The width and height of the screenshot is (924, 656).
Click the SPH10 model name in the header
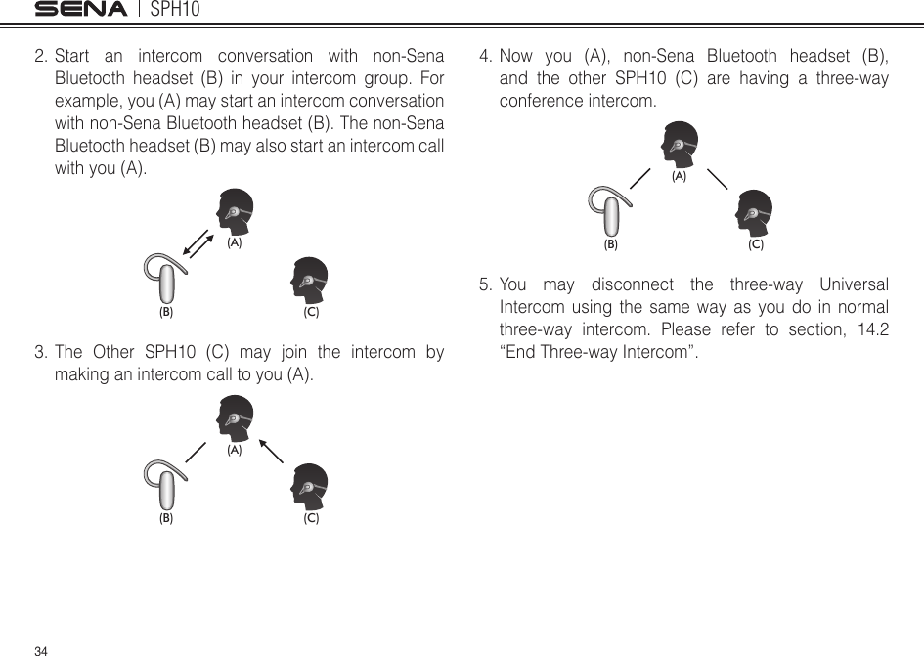(x=175, y=10)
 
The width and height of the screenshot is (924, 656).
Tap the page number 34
(x=40, y=649)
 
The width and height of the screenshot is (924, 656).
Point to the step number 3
(x=40, y=353)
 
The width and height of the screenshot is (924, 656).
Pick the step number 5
(x=485, y=285)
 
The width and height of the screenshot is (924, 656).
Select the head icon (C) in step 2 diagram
(x=311, y=281)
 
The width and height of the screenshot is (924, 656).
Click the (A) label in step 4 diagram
(x=679, y=178)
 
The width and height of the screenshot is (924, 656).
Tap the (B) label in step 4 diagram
(x=611, y=245)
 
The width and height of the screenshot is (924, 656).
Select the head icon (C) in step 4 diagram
(x=755, y=213)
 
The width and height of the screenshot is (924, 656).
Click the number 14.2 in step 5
(x=868, y=328)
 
